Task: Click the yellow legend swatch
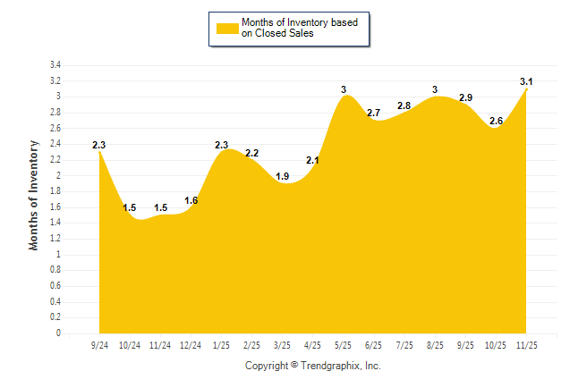(226, 28)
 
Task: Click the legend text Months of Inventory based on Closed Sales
(293, 28)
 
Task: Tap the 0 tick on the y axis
(58, 333)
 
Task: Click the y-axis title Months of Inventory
(34, 194)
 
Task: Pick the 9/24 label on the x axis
(99, 344)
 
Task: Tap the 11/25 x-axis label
(526, 344)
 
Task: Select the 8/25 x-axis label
(435, 344)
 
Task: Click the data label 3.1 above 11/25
(526, 82)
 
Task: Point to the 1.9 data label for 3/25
(282, 176)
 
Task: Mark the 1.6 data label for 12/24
(191, 200)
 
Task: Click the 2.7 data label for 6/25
(374, 113)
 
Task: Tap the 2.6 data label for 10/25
(496, 121)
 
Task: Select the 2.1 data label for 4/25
(313, 160)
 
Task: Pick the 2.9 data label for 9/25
(465, 97)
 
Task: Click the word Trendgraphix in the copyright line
(331, 366)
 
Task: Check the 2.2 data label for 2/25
(251, 153)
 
